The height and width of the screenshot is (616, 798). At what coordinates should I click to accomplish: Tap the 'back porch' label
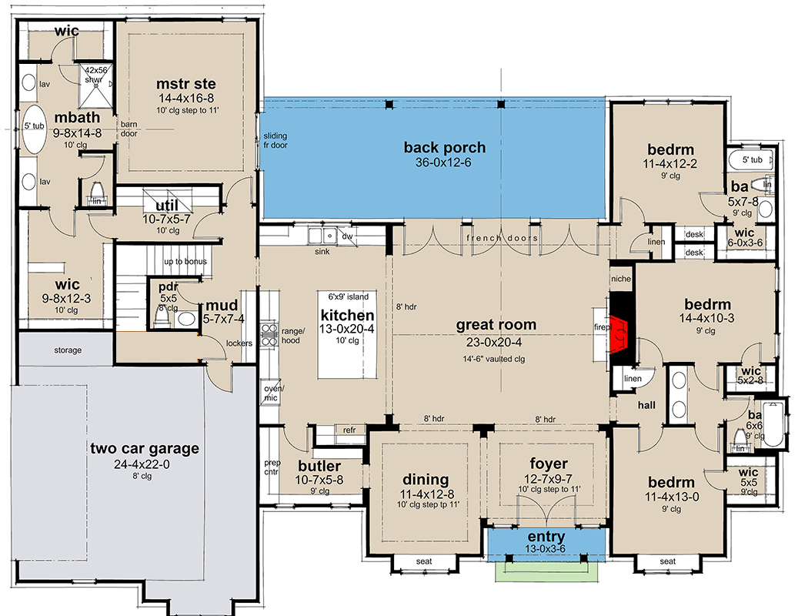(444, 148)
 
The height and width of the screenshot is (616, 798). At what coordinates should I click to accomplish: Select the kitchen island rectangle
(348, 334)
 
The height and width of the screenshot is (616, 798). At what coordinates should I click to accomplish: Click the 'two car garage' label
(145, 448)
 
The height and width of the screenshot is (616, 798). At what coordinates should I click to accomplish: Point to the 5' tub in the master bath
(34, 129)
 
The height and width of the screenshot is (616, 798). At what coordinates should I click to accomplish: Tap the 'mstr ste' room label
(185, 84)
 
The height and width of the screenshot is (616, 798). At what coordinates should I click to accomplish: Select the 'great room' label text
(496, 325)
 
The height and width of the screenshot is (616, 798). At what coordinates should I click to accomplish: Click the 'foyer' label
(548, 464)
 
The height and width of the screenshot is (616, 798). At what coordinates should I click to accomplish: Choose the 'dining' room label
(426, 480)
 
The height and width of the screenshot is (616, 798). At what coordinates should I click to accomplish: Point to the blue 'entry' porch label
(546, 537)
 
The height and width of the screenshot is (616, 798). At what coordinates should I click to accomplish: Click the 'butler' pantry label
(319, 466)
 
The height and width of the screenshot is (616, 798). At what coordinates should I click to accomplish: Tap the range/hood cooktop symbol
(269, 334)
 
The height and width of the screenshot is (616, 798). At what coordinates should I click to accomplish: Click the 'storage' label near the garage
(68, 350)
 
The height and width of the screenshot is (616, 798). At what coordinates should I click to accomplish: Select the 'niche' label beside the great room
(621, 279)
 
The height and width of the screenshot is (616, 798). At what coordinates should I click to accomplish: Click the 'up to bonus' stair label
(185, 261)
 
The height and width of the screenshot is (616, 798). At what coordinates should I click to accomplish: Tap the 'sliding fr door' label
(275, 140)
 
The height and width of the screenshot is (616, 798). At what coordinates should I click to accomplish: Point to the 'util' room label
(167, 205)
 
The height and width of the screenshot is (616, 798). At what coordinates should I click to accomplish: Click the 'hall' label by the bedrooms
(646, 405)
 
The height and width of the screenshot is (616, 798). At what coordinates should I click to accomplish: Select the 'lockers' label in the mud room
(239, 343)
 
